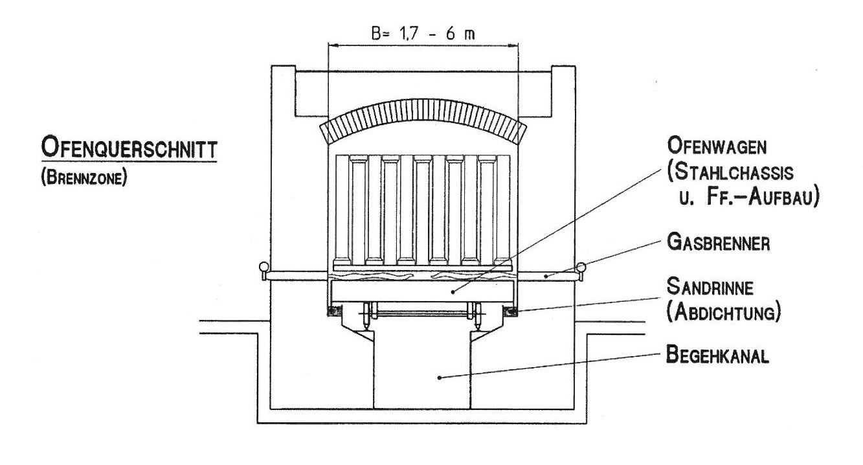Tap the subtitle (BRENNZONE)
(84, 178)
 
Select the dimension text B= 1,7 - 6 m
(423, 34)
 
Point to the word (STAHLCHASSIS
(730, 172)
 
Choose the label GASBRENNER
(718, 243)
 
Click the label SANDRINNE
(710, 288)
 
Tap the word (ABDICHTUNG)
(724, 312)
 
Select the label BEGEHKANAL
(717, 355)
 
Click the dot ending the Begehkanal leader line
(439, 378)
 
